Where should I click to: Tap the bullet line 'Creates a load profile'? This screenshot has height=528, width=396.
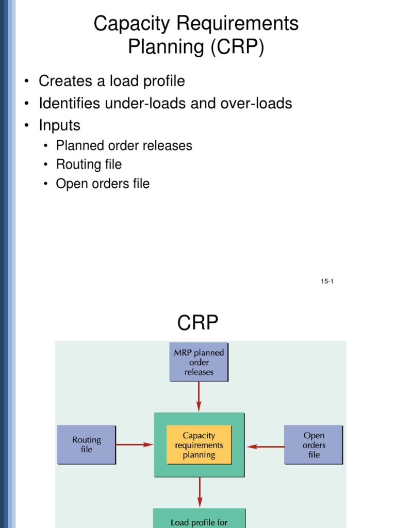point(111,81)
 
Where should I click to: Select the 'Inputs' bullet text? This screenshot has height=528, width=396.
point(59,125)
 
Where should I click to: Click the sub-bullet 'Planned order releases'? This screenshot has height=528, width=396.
point(124,146)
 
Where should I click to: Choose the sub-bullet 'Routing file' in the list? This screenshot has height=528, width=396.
point(89,164)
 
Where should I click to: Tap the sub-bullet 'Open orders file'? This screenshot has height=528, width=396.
point(103,184)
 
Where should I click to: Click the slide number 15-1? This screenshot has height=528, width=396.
point(327,282)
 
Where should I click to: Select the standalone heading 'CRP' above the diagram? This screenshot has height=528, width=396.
point(198,324)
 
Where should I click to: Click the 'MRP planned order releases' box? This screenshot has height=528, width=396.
point(199,362)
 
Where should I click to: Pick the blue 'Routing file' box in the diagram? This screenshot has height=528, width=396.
point(86,444)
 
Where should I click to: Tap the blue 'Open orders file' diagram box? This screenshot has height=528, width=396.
point(313,445)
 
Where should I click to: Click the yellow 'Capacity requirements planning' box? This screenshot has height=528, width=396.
point(199,445)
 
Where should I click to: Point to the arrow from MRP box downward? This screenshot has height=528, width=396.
point(199,396)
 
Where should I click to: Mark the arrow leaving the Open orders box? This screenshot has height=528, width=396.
point(265,446)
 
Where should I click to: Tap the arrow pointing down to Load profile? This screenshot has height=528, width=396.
point(199,492)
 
